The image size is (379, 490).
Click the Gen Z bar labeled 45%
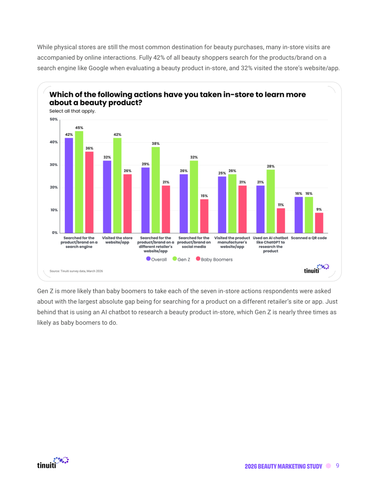click(79, 182)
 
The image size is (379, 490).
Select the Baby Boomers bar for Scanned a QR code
click(319, 223)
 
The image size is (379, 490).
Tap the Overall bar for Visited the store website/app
click(107, 197)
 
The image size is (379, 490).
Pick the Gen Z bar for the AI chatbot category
click(271, 201)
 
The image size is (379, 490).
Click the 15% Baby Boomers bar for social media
click(204, 216)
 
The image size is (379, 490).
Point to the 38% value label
click(156, 144)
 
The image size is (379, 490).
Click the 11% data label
click(281, 205)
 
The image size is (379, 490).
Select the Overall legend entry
click(157, 259)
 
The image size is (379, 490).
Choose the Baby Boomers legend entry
click(214, 259)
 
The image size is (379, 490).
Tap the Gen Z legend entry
click(182, 259)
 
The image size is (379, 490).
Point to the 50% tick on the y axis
click(54, 119)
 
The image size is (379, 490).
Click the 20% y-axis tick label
click(54, 188)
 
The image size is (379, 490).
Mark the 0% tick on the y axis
click(55, 233)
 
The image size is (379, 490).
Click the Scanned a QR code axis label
click(309, 238)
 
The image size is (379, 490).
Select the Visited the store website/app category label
click(117, 240)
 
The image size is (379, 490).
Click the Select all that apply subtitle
click(72, 111)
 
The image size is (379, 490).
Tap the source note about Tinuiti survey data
click(76, 271)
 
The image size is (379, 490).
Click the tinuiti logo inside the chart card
click(316, 269)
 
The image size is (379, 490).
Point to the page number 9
click(337, 466)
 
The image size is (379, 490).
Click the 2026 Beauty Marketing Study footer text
click(283, 466)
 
